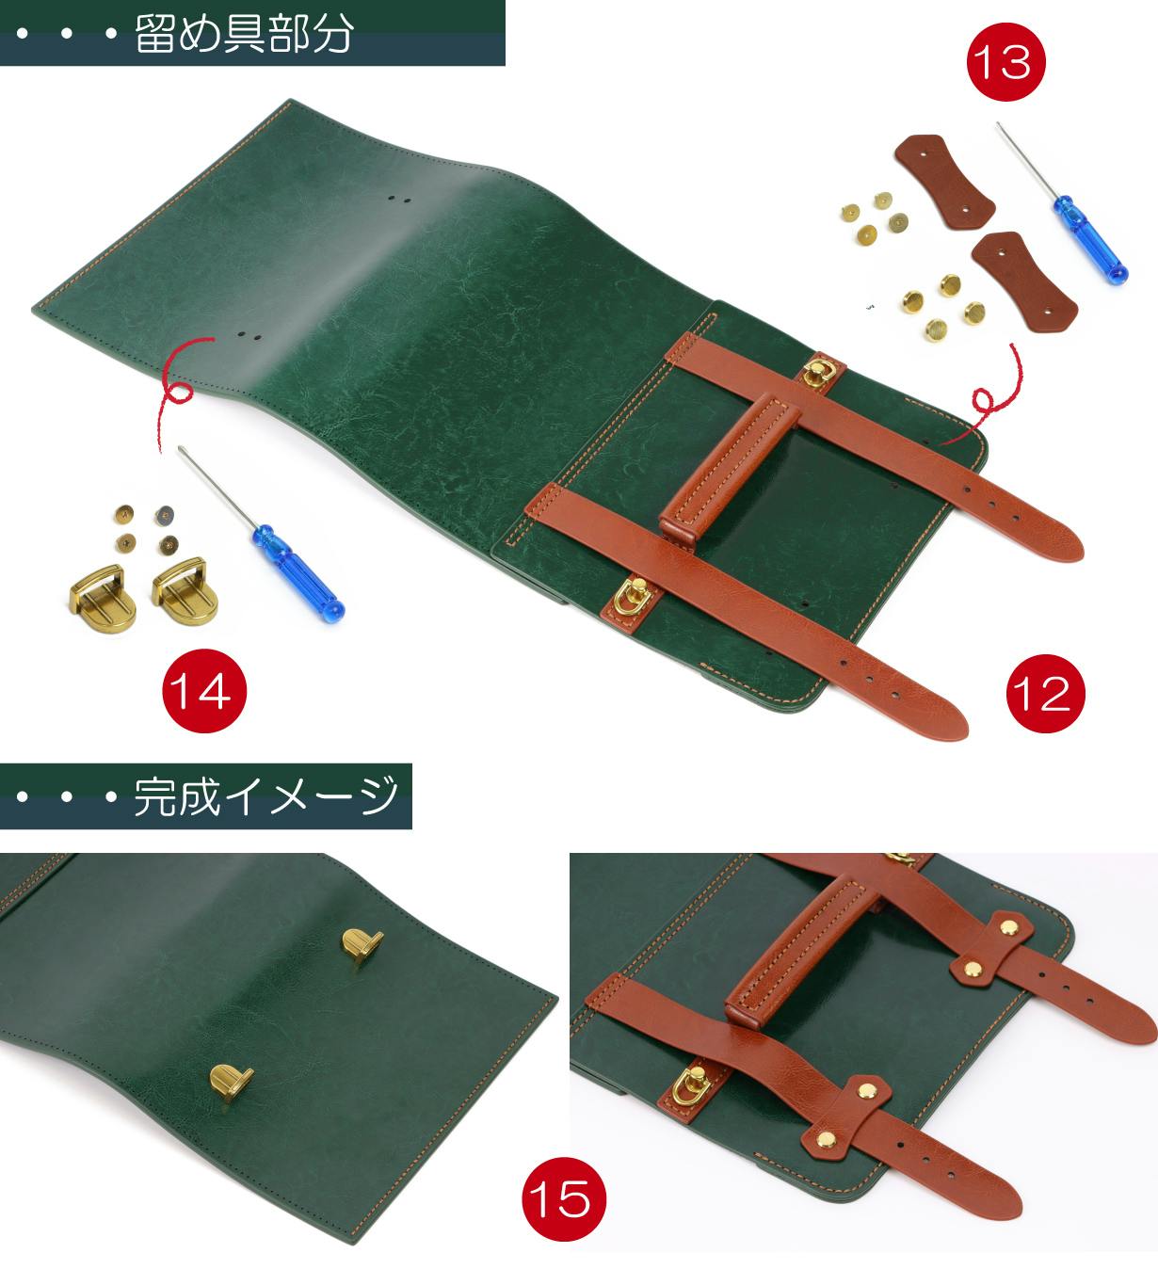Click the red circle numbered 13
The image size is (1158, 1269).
pos(1005,62)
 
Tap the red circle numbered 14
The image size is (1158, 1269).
pos(203,691)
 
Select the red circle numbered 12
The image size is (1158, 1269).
pos(1045,693)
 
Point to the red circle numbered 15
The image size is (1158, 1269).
pos(563,1198)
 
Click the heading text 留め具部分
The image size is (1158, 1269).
pos(244,33)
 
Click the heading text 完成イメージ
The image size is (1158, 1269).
pos(265,795)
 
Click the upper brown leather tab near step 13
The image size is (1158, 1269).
pos(943,182)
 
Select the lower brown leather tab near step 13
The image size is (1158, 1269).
pos(1024,281)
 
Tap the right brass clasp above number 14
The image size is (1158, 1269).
pos(185,591)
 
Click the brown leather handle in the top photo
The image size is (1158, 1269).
pos(729,469)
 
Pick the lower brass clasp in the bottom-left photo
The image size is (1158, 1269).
pos(231,1081)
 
